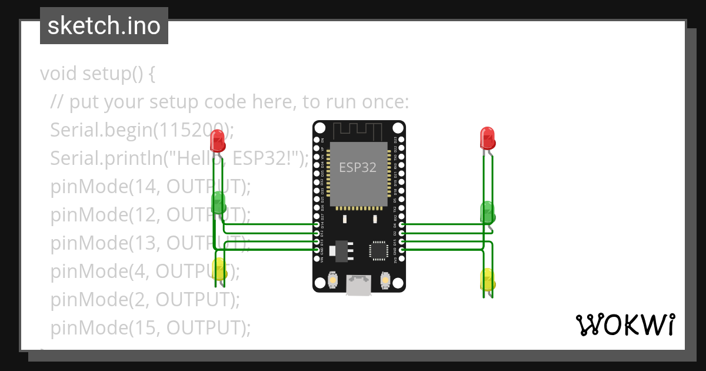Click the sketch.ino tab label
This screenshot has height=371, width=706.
(x=104, y=26)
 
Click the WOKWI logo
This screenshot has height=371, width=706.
(x=625, y=324)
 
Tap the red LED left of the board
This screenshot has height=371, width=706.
(x=217, y=140)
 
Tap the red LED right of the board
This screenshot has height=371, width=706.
(x=487, y=138)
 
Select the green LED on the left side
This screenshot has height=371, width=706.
(x=219, y=202)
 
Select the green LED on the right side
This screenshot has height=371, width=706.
(x=488, y=211)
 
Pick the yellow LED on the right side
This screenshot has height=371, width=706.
(x=488, y=279)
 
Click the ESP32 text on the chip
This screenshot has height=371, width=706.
(x=357, y=167)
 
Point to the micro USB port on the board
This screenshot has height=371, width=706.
(x=358, y=286)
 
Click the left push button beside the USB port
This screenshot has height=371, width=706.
(x=332, y=280)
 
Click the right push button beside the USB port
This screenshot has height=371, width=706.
(x=386, y=280)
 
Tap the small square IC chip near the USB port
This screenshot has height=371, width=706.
(x=378, y=250)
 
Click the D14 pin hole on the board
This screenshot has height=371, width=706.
(x=317, y=225)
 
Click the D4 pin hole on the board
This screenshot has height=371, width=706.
(x=401, y=225)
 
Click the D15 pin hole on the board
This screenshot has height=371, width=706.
(x=401, y=241)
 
